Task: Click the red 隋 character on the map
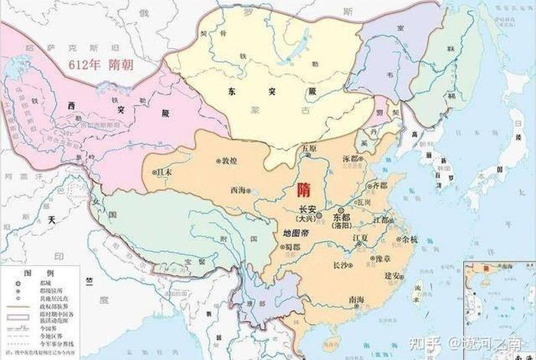(303, 189)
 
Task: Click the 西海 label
(239, 190)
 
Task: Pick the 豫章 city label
(375, 259)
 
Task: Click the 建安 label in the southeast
(393, 274)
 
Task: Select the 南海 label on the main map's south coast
(357, 300)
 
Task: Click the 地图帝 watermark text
(295, 232)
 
